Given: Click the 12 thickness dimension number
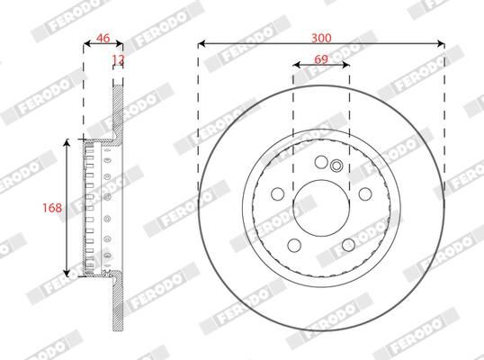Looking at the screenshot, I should click(x=117, y=59).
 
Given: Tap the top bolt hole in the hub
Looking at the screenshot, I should click(x=320, y=162).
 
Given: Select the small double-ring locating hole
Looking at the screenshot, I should click(x=336, y=165).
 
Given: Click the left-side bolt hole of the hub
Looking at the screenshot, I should click(x=276, y=194).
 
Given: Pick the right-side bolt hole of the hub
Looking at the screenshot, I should click(x=364, y=194).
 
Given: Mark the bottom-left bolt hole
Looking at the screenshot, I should click(x=293, y=246).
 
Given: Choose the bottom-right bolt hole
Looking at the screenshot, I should click(x=347, y=246).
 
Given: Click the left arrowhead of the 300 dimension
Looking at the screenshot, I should click(x=201, y=43).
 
